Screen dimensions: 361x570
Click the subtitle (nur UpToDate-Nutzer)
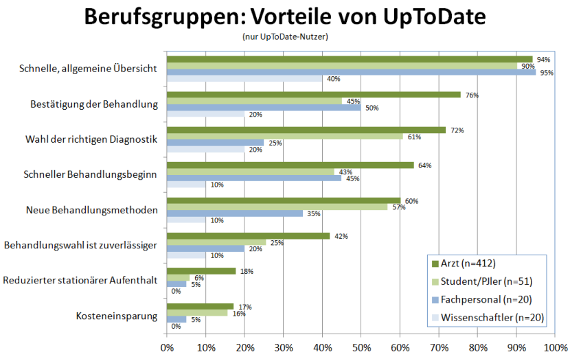point(285,36)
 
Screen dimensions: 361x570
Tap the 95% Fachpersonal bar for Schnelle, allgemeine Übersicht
point(351,72)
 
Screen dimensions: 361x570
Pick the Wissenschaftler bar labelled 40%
point(244,78)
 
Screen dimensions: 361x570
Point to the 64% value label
point(424,165)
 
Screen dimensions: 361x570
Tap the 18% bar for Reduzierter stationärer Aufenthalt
point(201,271)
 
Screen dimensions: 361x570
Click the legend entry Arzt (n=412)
point(467,264)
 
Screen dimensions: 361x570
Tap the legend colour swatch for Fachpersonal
point(434,300)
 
